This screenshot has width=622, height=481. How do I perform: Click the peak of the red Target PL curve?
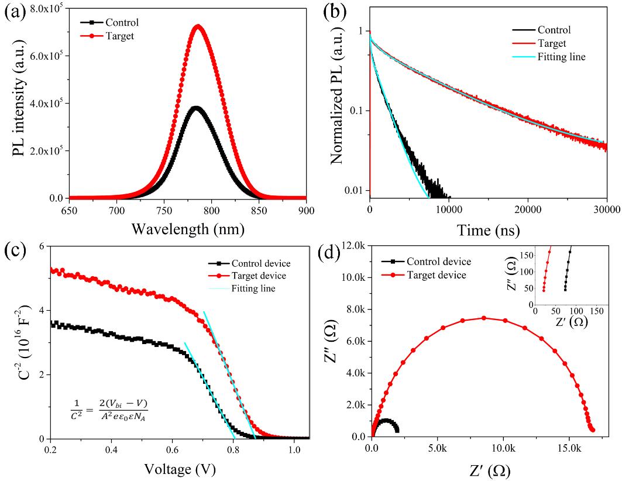point(198,26)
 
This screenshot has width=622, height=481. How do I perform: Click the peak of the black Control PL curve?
point(195,107)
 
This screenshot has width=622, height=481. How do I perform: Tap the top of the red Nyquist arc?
point(484,318)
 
